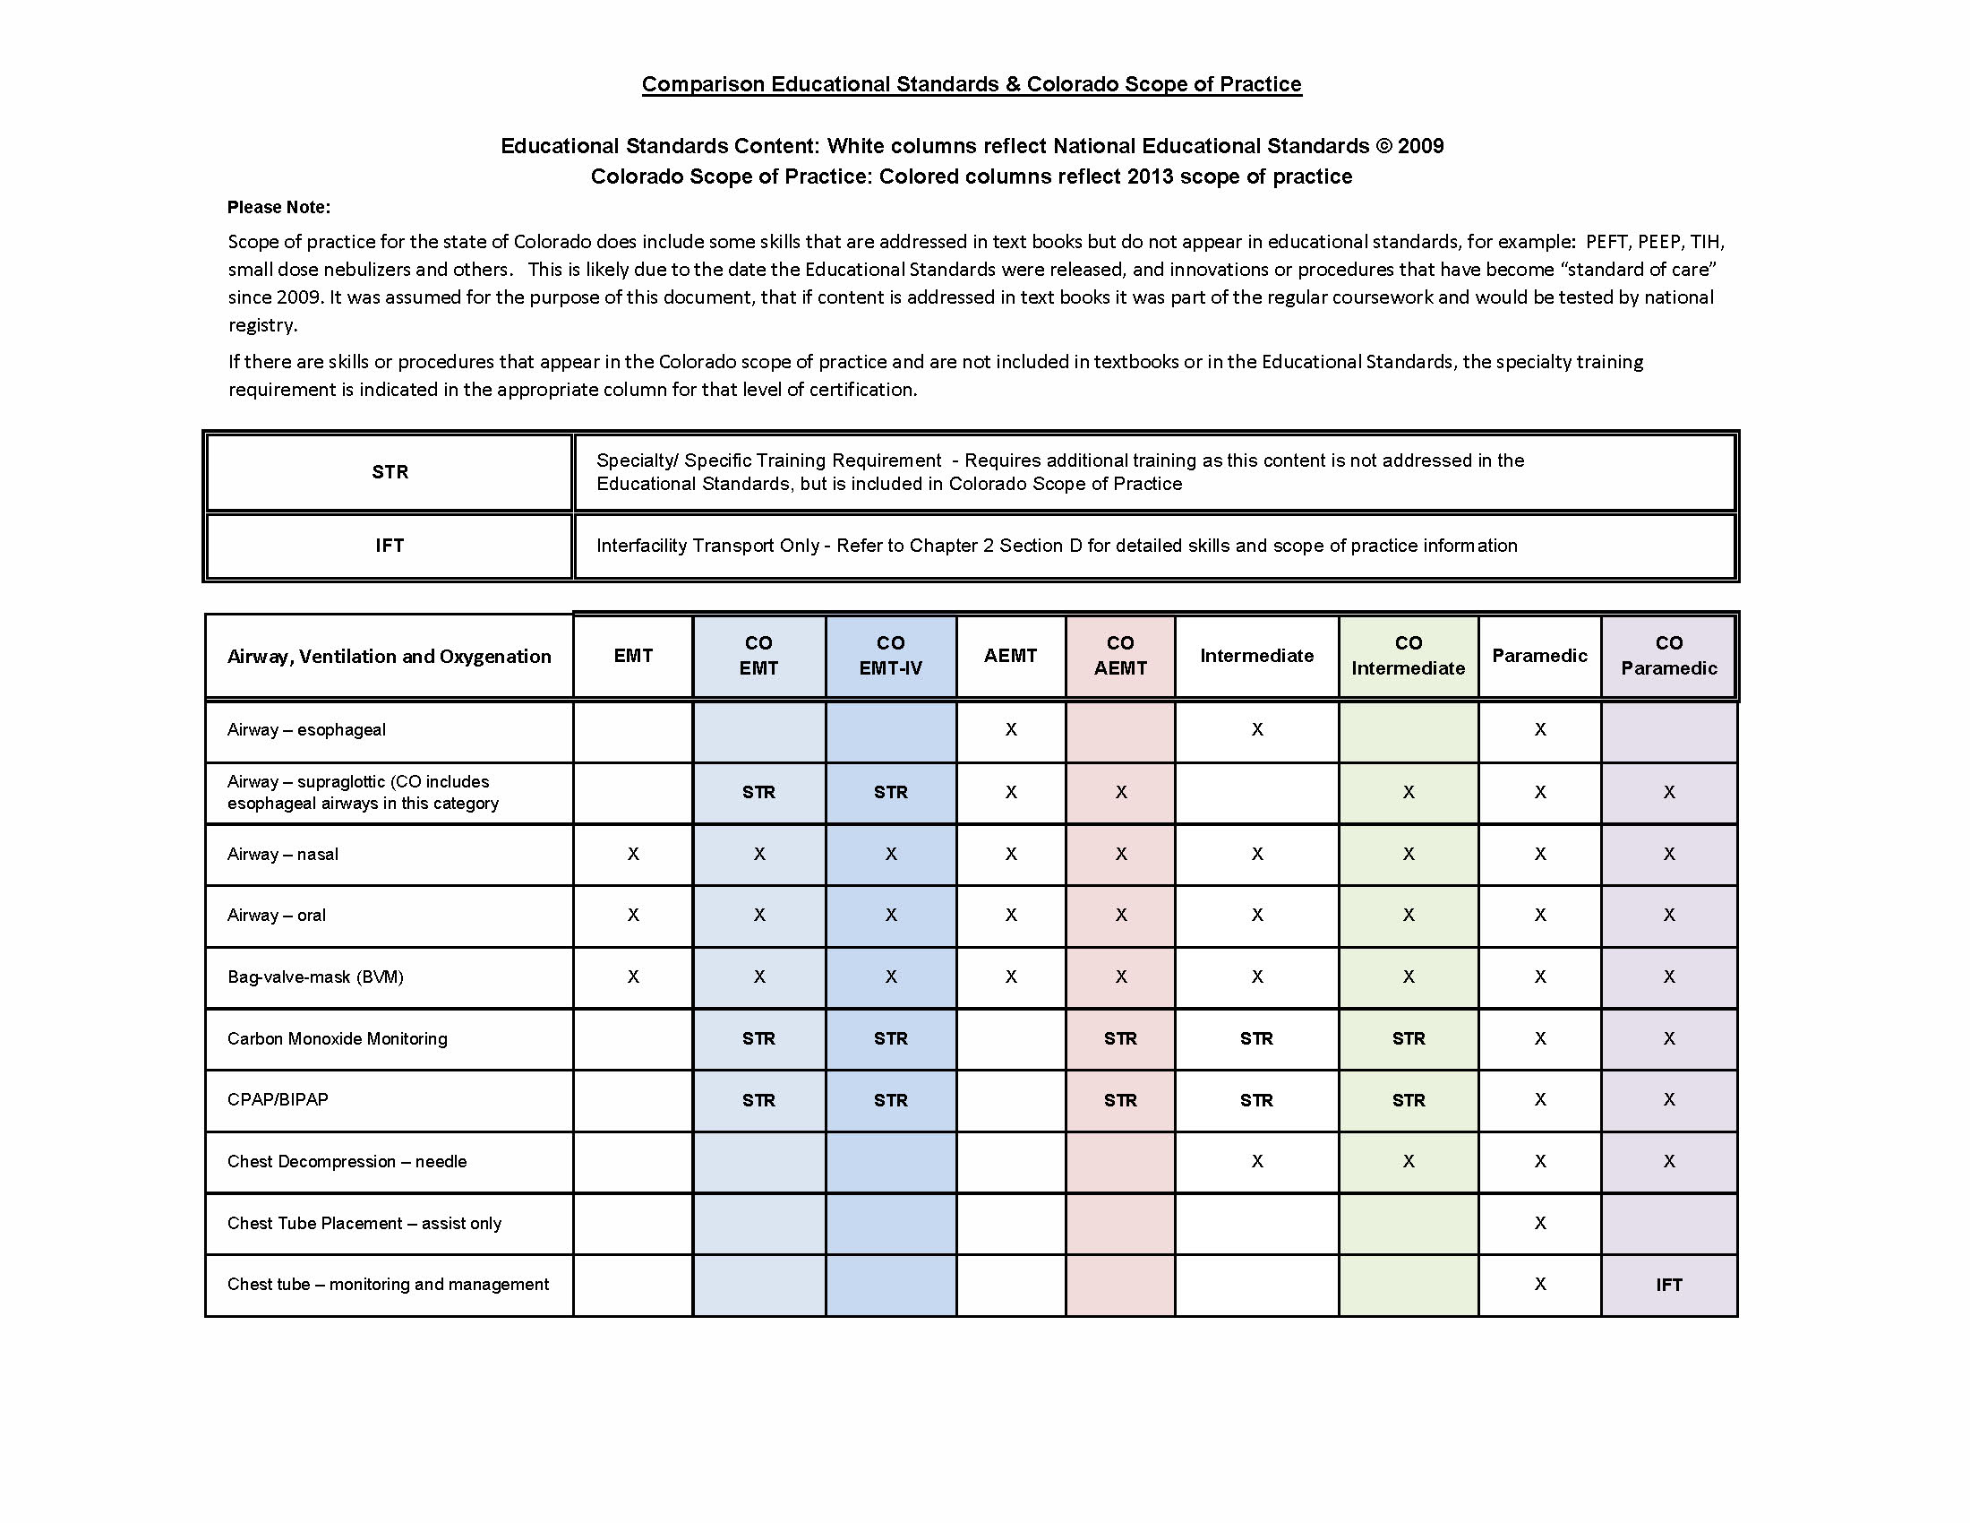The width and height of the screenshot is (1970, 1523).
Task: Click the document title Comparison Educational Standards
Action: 972,84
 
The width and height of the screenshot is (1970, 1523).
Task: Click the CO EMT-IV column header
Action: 890,656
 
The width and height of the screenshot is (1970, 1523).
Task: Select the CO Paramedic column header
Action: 1669,656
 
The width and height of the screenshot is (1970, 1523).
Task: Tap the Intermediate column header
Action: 1256,656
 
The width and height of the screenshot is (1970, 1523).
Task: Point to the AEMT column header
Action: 1010,656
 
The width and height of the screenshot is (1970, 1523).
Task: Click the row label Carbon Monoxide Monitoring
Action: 338,1038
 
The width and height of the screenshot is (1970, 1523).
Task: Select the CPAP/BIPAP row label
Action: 278,1100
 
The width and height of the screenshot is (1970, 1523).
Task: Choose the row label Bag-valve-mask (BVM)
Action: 316,977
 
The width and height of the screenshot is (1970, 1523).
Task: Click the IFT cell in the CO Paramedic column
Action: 1669,1285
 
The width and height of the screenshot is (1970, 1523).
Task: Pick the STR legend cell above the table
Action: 390,472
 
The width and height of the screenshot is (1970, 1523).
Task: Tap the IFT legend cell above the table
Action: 390,546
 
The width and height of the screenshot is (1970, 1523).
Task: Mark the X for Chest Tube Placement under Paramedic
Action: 1540,1224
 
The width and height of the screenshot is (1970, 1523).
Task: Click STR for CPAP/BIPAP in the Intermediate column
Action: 1256,1101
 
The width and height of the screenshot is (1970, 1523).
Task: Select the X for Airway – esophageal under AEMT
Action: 1011,730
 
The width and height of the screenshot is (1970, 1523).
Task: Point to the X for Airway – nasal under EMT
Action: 633,855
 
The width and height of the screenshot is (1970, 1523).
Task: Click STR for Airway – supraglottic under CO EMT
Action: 758,792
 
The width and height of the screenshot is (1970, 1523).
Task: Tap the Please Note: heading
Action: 278,208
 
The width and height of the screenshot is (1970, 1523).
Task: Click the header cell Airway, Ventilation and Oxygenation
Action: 389,657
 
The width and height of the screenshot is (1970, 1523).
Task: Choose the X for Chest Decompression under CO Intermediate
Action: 1408,1162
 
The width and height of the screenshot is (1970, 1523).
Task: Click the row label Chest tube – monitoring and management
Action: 388,1285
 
